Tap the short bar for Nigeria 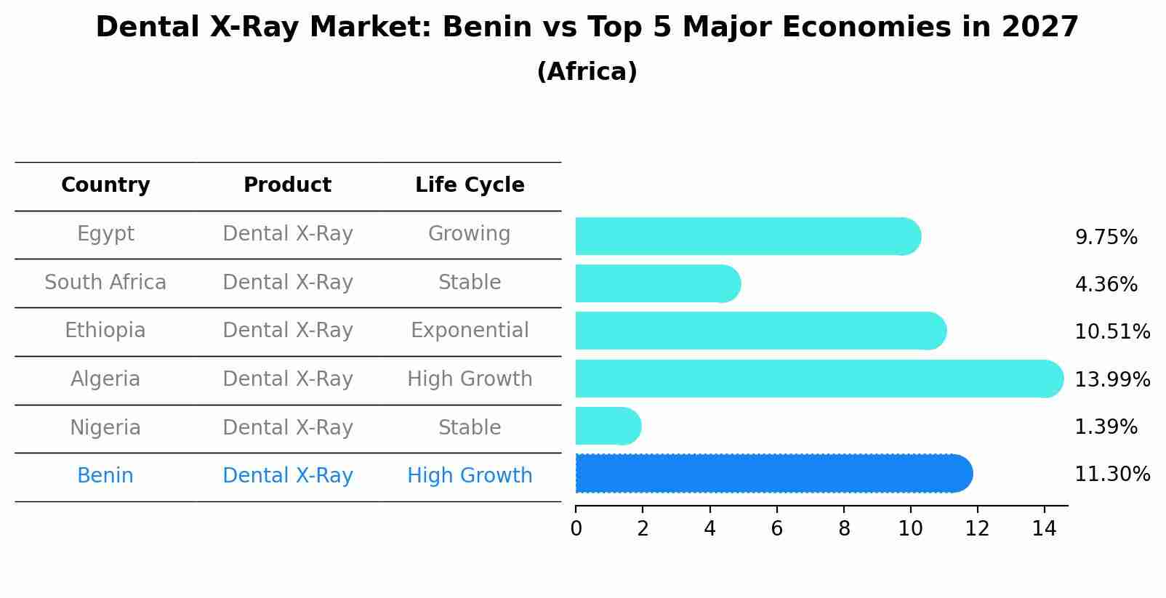pyautogui.click(x=608, y=426)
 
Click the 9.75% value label pyautogui.click(x=1106, y=238)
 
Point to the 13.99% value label pyautogui.click(x=1112, y=379)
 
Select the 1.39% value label pyautogui.click(x=1106, y=427)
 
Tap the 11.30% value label pyautogui.click(x=1112, y=474)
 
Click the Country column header pyautogui.click(x=105, y=185)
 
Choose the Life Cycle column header pyautogui.click(x=470, y=185)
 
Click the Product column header pyautogui.click(x=287, y=185)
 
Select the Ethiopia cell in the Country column pyautogui.click(x=105, y=331)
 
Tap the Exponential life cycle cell pyautogui.click(x=470, y=331)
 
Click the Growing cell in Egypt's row pyautogui.click(x=470, y=234)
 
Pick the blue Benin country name pyautogui.click(x=105, y=476)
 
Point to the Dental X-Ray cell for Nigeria pyautogui.click(x=287, y=427)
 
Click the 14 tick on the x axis pyautogui.click(x=1044, y=528)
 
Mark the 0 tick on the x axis pyautogui.click(x=576, y=528)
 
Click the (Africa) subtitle pyautogui.click(x=587, y=72)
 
